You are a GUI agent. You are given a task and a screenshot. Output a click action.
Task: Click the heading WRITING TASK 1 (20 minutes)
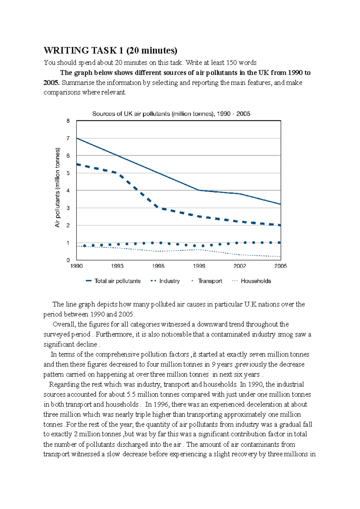(110, 50)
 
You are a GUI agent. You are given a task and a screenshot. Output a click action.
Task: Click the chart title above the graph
(171, 114)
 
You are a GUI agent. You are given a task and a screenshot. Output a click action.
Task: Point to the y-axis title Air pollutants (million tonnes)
(57, 187)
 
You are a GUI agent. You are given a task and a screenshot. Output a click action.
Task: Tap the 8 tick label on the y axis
(68, 121)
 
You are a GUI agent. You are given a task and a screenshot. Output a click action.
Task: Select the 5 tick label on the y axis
(68, 173)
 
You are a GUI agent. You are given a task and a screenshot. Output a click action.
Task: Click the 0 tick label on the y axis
(68, 260)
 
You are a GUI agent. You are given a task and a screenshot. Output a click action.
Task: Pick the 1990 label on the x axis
(76, 266)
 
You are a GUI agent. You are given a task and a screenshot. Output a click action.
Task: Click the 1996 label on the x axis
(158, 266)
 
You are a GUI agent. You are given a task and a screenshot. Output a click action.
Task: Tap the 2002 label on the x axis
(240, 266)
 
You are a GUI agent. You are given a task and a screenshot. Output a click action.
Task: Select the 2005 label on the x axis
(280, 266)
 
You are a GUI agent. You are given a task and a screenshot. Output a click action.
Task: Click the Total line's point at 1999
(199, 190)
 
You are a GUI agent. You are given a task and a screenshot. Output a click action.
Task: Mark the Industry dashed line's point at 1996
(158, 208)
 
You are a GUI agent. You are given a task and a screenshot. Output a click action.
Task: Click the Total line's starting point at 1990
(77, 138)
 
